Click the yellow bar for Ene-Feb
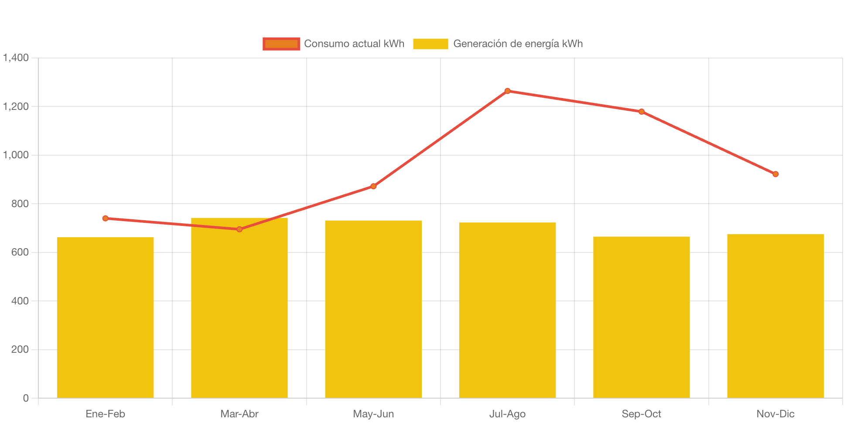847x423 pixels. click(x=105, y=317)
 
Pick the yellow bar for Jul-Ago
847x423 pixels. click(x=507, y=310)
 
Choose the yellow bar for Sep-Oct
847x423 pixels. click(x=641, y=317)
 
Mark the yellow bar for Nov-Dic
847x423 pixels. click(x=775, y=316)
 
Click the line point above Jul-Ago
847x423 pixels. click(x=507, y=91)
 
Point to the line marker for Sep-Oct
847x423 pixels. click(x=641, y=112)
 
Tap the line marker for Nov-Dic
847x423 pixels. click(x=775, y=174)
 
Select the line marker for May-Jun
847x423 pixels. click(x=373, y=186)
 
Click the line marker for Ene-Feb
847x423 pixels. click(x=105, y=218)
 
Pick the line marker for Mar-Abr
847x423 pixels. click(x=239, y=229)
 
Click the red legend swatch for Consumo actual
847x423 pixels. click(x=281, y=44)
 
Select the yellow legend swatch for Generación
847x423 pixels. click(x=430, y=44)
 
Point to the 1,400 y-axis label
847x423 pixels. click(x=16, y=58)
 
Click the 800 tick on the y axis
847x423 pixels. click(x=20, y=204)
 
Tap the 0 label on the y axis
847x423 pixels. click(x=26, y=398)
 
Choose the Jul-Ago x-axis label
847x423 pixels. click(x=507, y=414)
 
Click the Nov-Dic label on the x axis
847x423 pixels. click(x=775, y=414)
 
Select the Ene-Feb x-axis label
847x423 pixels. click(x=105, y=414)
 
